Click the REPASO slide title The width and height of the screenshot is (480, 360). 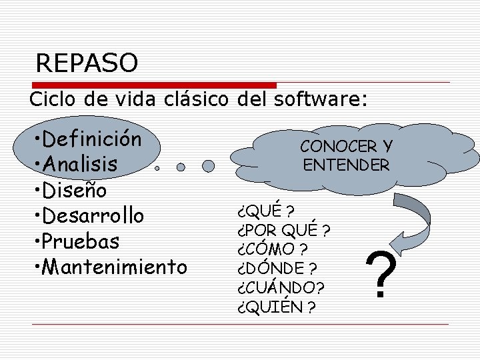click(x=87, y=63)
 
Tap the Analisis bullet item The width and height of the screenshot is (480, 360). click(x=79, y=164)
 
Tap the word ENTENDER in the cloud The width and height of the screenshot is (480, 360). click(x=346, y=165)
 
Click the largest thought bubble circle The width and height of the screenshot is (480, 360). click(x=209, y=166)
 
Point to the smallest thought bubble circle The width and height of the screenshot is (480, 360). click(x=157, y=169)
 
